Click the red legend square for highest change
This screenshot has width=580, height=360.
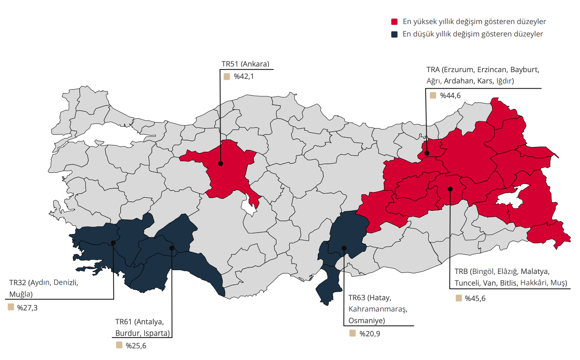[394, 22]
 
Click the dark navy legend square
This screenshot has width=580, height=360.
[394, 34]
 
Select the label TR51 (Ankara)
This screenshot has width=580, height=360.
[245, 64]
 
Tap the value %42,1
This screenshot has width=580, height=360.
[244, 77]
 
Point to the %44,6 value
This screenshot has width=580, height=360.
[450, 96]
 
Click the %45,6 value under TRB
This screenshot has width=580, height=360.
[475, 298]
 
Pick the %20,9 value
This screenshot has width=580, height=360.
[370, 334]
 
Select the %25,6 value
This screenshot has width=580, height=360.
[136, 346]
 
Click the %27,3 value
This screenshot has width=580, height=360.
[27, 308]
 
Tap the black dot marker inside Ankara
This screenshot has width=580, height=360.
[221, 163]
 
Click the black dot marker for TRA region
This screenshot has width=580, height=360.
[427, 153]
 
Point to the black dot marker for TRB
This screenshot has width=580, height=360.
[450, 189]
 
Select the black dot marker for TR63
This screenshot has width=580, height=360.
[344, 248]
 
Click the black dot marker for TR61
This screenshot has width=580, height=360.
[172, 248]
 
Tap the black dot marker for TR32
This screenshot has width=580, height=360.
[113, 243]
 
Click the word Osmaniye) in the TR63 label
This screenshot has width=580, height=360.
[367, 321]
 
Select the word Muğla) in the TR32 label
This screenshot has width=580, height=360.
[21, 294]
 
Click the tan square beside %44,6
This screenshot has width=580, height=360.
[433, 95]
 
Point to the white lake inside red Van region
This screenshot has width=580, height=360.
[511, 195]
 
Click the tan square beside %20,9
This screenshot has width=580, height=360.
[352, 333]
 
